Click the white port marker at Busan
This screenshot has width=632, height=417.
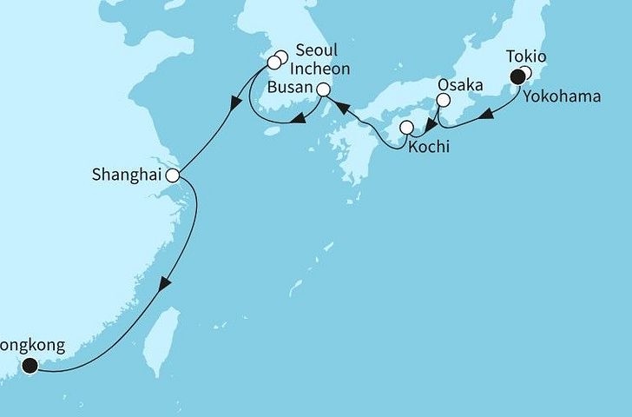click(323, 89)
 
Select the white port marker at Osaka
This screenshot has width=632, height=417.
click(443, 101)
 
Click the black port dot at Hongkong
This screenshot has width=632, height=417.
click(30, 366)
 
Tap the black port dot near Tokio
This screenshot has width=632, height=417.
click(518, 76)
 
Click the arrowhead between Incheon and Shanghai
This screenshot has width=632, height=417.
click(234, 104)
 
